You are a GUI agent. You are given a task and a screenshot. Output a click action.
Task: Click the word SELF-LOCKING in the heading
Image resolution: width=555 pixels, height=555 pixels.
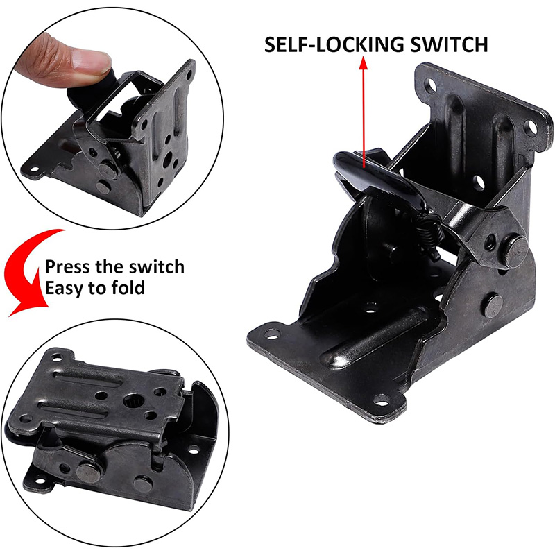pyautogui.click(x=334, y=44)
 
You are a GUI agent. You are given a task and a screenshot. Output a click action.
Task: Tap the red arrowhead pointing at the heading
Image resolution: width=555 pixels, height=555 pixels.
pyautogui.click(x=364, y=62)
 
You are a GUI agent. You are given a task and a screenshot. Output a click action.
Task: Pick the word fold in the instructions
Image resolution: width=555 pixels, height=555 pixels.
pyautogui.click(x=128, y=288)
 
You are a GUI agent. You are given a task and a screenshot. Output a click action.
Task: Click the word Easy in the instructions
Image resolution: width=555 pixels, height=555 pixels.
pyautogui.click(x=65, y=289)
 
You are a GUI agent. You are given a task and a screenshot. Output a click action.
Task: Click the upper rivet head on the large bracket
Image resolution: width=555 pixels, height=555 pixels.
pyautogui.click(x=515, y=251)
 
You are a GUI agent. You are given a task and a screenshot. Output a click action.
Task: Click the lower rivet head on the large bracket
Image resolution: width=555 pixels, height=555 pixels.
pyautogui.click(x=493, y=305)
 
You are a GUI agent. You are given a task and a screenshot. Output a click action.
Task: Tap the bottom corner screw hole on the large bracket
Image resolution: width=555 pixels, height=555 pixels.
pyautogui.click(x=382, y=402)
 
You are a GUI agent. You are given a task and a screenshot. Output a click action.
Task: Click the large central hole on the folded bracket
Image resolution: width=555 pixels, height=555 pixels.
pyautogui.click(x=133, y=400)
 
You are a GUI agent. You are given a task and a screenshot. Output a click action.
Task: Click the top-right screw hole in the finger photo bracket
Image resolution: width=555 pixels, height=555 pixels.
pyautogui.click(x=189, y=75)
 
